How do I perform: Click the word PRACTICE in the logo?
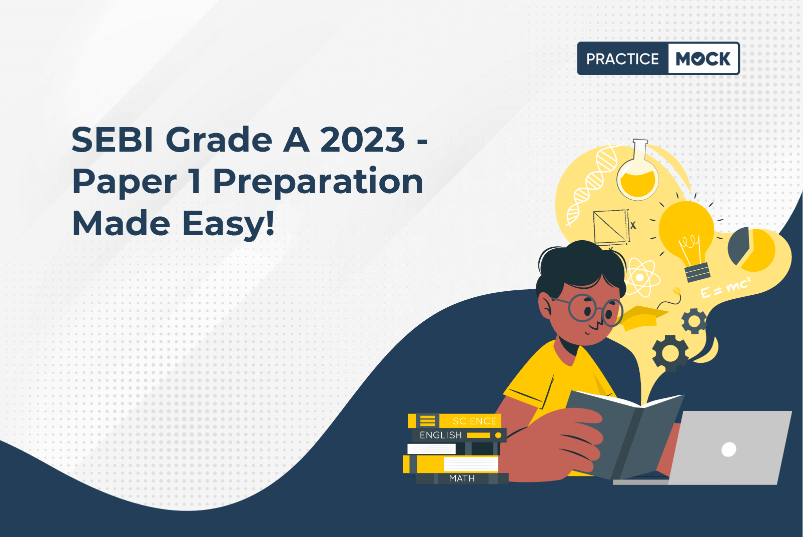[x=622, y=59]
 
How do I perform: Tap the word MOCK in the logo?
[x=703, y=59]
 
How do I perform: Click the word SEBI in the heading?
[x=113, y=140]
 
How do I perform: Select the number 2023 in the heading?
[x=362, y=140]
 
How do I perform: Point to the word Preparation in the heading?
[x=318, y=183]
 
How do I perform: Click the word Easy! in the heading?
[x=228, y=224]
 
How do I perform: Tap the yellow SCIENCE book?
[x=455, y=420]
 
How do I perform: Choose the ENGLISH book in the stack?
[x=459, y=435]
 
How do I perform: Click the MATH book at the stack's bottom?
[x=462, y=478]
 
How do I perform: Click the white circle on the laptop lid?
[x=729, y=449]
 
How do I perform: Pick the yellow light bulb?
[x=687, y=238]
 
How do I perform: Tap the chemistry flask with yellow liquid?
[x=638, y=170]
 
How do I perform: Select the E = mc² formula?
[x=725, y=287]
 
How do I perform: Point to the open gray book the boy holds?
[x=625, y=434]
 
